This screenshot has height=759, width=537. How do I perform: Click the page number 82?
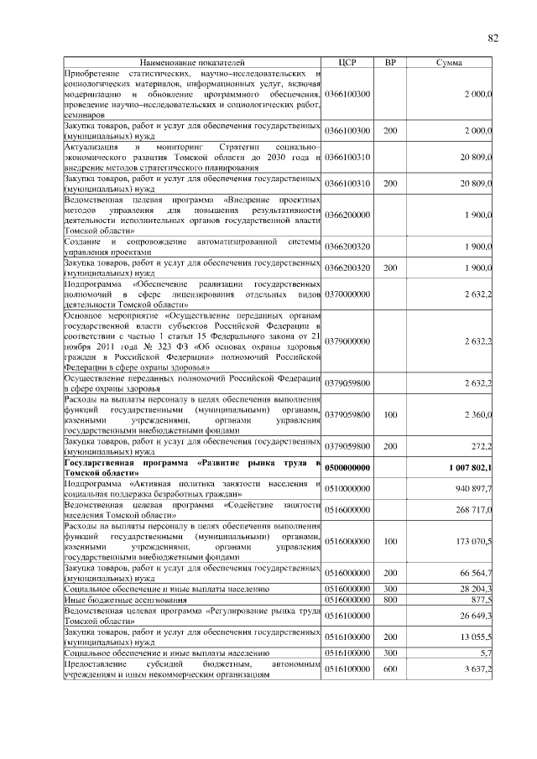(x=493, y=37)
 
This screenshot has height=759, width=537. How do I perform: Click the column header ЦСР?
(x=347, y=63)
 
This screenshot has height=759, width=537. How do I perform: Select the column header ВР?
(x=390, y=63)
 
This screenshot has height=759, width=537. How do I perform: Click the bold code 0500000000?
(x=347, y=468)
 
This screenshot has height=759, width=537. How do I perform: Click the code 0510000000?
(x=347, y=489)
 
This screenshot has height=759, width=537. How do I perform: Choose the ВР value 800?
(x=390, y=600)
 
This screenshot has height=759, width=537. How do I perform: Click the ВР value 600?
(x=390, y=669)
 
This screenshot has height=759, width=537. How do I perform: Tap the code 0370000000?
(x=347, y=294)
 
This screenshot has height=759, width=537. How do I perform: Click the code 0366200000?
(x=347, y=216)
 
